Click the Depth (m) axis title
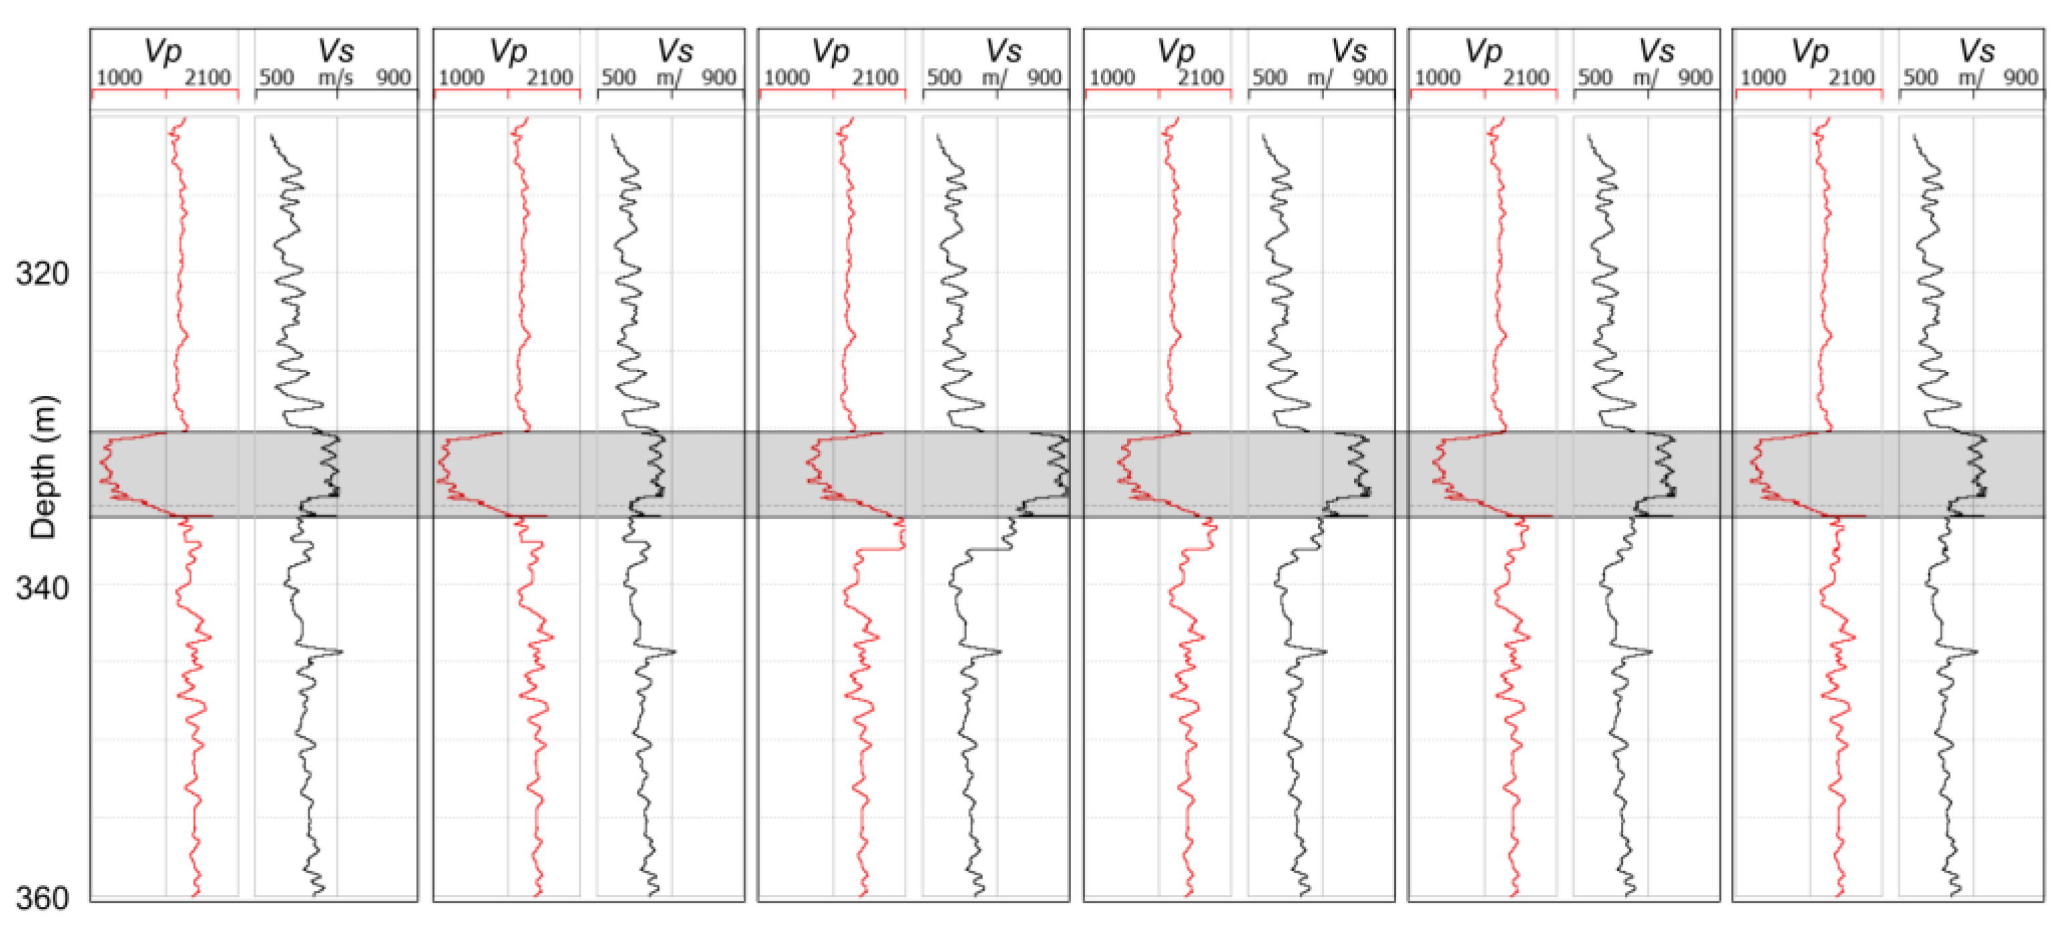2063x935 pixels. click(43, 467)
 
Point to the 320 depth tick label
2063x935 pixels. click(42, 274)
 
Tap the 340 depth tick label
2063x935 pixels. click(42, 588)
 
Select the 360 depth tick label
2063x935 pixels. click(42, 899)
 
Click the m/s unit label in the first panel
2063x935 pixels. click(336, 78)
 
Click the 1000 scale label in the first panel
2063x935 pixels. click(118, 78)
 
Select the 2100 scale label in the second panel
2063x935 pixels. click(549, 78)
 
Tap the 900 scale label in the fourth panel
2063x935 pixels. click(1370, 78)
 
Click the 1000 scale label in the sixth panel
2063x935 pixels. click(1763, 78)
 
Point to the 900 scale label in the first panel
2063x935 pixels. click(393, 78)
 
